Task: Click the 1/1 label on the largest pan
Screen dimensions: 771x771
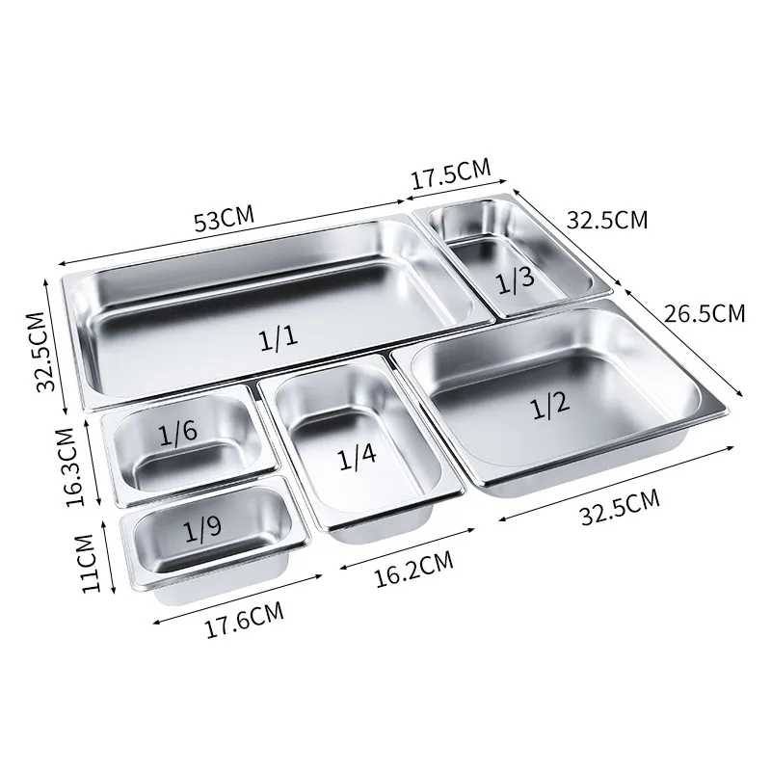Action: tap(279, 337)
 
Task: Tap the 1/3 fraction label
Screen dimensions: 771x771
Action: tap(515, 281)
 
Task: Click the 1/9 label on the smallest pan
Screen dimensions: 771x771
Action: tap(202, 527)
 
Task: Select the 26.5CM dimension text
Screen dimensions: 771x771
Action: tap(704, 312)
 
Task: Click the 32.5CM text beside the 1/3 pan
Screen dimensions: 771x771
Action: tap(606, 218)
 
